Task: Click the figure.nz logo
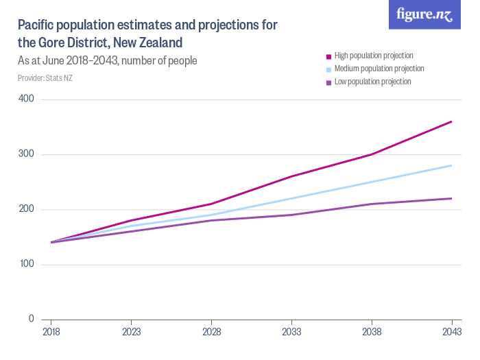point(424,15)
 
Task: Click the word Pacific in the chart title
point(37,25)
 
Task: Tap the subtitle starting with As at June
point(108,60)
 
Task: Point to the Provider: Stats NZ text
point(45,77)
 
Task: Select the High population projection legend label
point(373,56)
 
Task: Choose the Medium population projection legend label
point(379,69)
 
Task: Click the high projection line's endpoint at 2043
point(451,121)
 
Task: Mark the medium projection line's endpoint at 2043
point(451,165)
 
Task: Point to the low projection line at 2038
point(372,204)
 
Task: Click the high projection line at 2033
point(291,176)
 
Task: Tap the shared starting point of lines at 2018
point(51,242)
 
